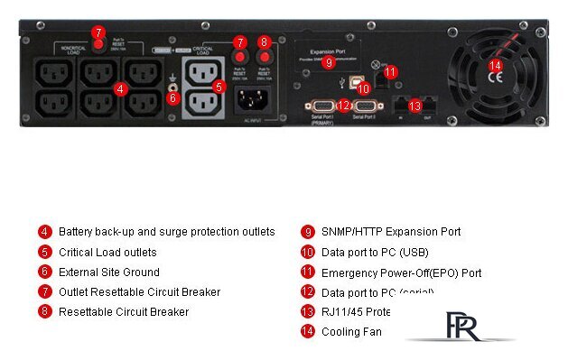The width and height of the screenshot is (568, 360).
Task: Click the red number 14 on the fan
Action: [495, 65]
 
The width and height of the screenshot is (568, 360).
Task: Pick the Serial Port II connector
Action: [365, 106]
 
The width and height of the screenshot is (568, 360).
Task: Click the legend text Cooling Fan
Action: [351, 332]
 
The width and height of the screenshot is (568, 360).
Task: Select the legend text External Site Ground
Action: [108, 272]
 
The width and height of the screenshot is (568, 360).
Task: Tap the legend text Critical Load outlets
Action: [107, 252]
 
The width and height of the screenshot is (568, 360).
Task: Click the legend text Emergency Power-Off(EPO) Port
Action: [402, 272]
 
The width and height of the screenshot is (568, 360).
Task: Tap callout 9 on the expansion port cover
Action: [329, 62]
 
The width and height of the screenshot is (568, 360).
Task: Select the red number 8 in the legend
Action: [44, 312]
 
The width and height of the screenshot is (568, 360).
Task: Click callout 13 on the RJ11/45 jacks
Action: [414, 106]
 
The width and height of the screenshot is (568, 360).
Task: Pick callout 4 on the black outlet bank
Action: [120, 88]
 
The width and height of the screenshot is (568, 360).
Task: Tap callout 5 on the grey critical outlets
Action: [219, 87]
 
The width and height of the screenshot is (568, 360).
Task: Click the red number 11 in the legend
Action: [307, 272]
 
